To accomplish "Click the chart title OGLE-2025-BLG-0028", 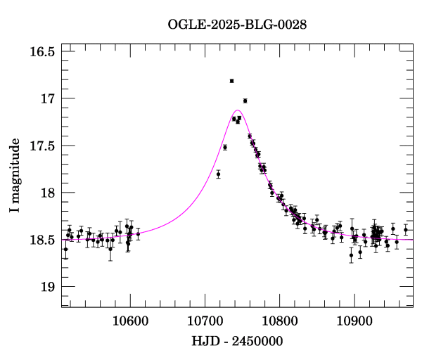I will coord(237,25).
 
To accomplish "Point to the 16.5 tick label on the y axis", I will coord(41,51).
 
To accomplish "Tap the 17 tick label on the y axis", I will coord(47,98).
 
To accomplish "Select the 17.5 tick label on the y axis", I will coord(41,146).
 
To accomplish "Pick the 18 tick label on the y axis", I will coord(47,193).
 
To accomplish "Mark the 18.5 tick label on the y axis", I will coord(41,240).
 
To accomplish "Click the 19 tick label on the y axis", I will coord(47,287).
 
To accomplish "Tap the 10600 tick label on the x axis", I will coord(130,321).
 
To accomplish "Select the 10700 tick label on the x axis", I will coord(205,321).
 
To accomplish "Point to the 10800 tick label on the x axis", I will coord(279,321).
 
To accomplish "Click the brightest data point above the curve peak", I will coord(231,81).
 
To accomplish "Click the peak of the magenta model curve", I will coord(238,110).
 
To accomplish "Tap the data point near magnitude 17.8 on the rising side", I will coord(219,174).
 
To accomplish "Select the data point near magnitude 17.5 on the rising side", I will coord(225,147).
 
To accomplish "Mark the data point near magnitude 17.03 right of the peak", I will coord(245,101).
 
